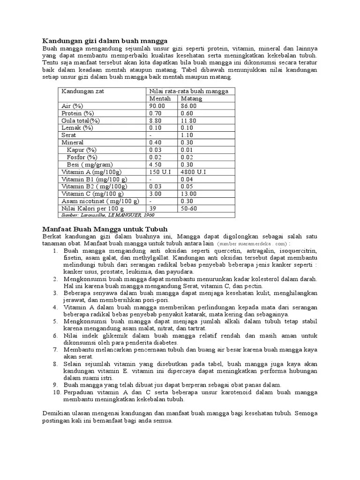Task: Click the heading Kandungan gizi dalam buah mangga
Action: (x=105, y=41)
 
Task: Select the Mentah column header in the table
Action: (x=160, y=99)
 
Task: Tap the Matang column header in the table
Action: (x=192, y=99)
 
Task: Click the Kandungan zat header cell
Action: (x=83, y=91)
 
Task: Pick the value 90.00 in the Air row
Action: (x=157, y=106)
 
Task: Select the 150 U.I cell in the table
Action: (x=160, y=172)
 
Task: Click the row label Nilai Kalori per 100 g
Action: (x=93, y=208)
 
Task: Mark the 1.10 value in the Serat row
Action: (x=188, y=135)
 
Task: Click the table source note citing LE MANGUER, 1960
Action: (x=108, y=215)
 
